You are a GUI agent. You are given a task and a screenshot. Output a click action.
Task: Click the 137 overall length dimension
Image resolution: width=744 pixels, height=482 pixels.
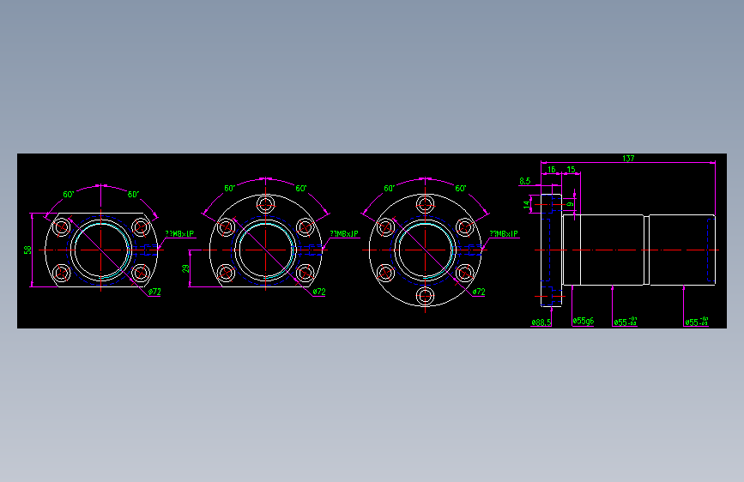pyautogui.click(x=628, y=159)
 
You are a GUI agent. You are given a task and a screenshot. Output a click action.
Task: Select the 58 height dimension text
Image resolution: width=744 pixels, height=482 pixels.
pyautogui.click(x=27, y=250)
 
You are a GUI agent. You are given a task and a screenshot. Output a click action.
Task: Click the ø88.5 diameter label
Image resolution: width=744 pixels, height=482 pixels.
pyautogui.click(x=541, y=322)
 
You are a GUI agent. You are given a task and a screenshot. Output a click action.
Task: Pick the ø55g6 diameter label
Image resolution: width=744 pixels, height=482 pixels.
pyautogui.click(x=584, y=322)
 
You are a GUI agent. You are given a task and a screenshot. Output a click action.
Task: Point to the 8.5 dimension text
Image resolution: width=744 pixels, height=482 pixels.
pyautogui.click(x=525, y=181)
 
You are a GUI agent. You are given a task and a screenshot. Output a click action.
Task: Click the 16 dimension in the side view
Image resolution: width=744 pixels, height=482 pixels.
pyautogui.click(x=552, y=170)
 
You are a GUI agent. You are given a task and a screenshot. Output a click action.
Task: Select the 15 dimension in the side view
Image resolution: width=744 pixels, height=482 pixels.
pyautogui.click(x=571, y=170)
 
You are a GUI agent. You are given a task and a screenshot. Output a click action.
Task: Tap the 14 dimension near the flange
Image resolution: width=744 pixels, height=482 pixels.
pyautogui.click(x=528, y=203)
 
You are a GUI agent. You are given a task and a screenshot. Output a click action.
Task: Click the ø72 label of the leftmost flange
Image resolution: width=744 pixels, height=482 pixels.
pyautogui.click(x=154, y=292)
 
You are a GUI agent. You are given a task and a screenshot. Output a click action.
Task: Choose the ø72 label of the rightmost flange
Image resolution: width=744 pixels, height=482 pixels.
pyautogui.click(x=480, y=292)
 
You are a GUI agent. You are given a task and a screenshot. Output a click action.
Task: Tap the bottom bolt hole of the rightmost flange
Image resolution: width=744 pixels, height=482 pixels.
pyautogui.click(x=425, y=296)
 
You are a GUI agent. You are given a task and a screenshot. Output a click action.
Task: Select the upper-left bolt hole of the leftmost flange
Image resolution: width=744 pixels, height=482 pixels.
pyautogui.click(x=62, y=227)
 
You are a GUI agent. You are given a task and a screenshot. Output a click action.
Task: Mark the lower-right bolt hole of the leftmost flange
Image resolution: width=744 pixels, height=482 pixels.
pyautogui.click(x=141, y=273)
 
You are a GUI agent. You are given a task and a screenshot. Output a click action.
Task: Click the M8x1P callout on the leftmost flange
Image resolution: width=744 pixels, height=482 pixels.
pyautogui.click(x=179, y=233)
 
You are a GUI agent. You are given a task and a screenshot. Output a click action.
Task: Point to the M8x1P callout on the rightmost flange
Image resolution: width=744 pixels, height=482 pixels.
pyautogui.click(x=504, y=233)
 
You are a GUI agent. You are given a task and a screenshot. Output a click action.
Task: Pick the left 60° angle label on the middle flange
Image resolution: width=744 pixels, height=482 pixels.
pyautogui.click(x=230, y=188)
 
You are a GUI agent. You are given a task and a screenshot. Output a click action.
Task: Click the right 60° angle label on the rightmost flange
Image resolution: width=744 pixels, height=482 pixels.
pyautogui.click(x=461, y=188)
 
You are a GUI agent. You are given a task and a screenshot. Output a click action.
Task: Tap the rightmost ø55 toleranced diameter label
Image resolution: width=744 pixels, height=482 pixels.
pyautogui.click(x=697, y=322)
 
